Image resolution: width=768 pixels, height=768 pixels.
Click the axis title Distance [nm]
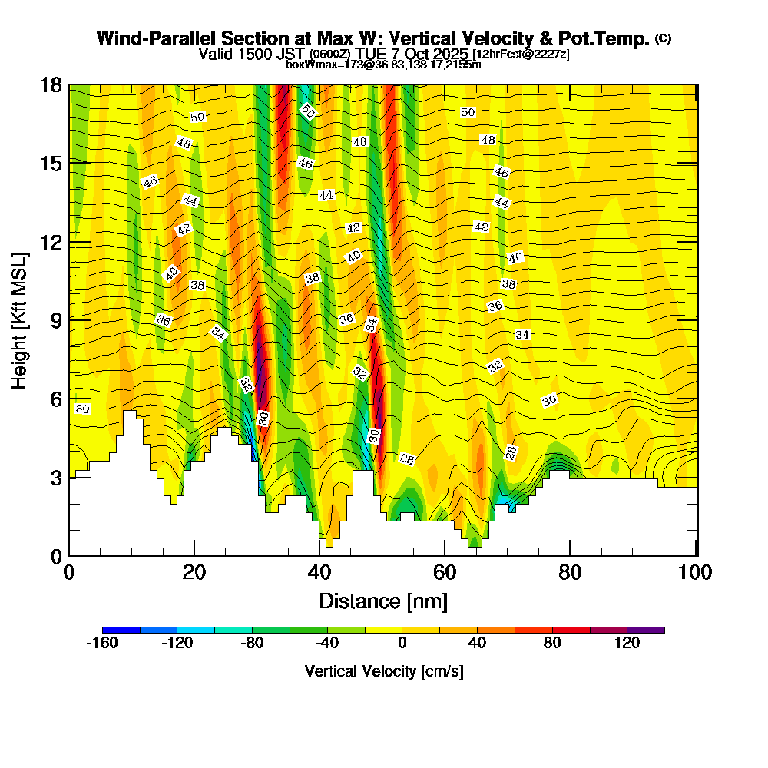click(383, 600)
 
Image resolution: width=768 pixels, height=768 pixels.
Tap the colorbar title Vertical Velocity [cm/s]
click(383, 671)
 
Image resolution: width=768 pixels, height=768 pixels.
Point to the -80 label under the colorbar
click(253, 644)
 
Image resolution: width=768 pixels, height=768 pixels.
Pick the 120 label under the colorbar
click(627, 644)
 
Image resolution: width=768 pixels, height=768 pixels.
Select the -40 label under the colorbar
click(327, 644)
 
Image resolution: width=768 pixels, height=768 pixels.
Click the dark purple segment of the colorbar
click(646, 630)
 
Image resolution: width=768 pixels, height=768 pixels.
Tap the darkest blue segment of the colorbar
click(121, 630)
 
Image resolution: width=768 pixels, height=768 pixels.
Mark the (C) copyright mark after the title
click(664, 38)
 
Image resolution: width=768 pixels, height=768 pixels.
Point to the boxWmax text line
click(383, 65)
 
